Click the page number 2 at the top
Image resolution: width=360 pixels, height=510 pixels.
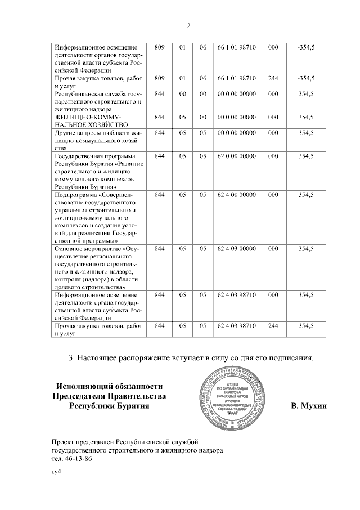(188, 26)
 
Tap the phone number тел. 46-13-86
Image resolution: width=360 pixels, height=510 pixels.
(70, 459)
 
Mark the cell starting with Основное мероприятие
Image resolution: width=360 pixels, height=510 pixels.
(96, 267)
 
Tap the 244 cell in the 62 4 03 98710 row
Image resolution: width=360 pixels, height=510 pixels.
(273, 325)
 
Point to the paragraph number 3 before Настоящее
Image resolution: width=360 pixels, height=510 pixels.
(70, 357)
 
